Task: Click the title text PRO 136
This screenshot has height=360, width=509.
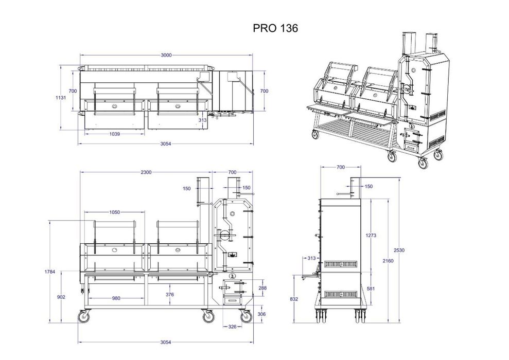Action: (275, 29)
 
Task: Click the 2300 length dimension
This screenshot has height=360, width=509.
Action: (146, 172)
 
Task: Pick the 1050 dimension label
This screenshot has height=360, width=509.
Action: (114, 212)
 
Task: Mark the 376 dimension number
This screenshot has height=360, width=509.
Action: (169, 295)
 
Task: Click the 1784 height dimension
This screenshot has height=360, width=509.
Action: (50, 271)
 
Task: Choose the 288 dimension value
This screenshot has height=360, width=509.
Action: (262, 288)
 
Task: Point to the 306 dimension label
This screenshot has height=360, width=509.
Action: (262, 314)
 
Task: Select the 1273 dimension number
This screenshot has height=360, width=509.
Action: (372, 236)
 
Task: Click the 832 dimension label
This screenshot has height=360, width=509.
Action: (294, 298)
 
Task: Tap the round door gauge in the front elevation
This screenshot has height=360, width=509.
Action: (225, 235)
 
